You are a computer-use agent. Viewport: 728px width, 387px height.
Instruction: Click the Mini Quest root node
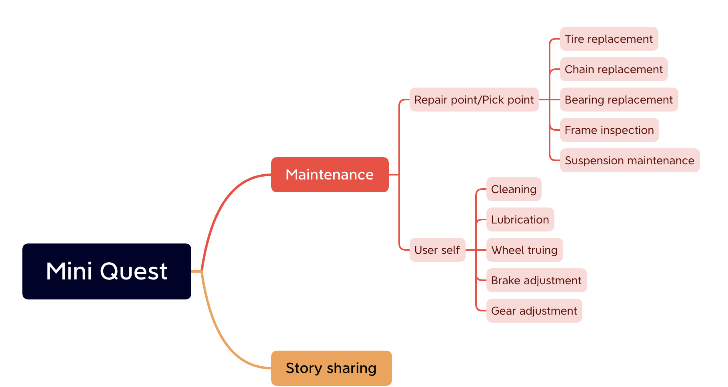coord(107,271)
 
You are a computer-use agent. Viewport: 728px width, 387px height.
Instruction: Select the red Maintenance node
coord(330,175)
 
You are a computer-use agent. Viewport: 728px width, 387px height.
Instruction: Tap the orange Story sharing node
coord(332,368)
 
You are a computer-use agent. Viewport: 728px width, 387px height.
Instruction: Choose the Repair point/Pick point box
coord(474,100)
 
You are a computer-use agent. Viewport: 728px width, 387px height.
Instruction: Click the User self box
coord(438,250)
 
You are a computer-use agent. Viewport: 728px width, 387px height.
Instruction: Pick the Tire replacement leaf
coord(609,39)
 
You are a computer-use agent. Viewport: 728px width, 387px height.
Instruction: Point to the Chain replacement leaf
coord(614,69)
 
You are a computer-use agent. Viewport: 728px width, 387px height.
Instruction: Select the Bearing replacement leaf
coord(619,100)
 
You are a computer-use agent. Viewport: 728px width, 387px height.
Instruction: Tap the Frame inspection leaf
coord(610,130)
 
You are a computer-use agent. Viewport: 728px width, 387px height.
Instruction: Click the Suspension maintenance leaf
coord(630,160)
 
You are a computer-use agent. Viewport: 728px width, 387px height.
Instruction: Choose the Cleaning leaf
coord(514,189)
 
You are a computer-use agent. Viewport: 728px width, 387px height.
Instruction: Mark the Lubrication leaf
coord(520,219)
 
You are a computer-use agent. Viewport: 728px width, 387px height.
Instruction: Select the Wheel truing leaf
coord(525,250)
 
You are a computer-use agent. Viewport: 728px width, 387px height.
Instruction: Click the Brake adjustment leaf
coord(537,280)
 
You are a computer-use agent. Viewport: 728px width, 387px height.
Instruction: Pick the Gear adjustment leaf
coord(534,311)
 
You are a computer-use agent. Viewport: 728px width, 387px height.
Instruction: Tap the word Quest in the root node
coord(134,271)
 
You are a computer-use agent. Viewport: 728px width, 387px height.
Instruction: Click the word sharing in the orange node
coord(352,369)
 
